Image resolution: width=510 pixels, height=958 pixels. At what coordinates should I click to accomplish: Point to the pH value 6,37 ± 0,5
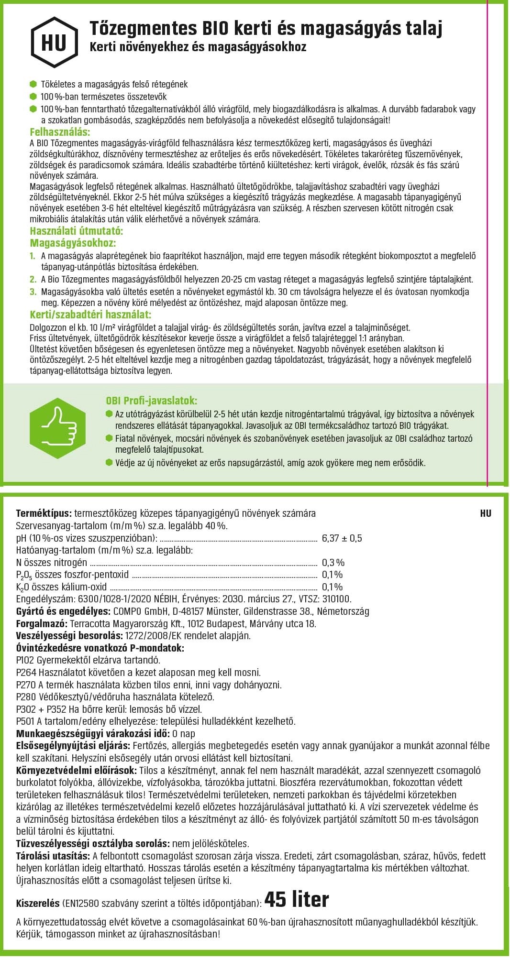[x=342, y=538]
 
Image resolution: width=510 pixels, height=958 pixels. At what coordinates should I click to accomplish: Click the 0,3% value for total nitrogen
[x=333, y=563]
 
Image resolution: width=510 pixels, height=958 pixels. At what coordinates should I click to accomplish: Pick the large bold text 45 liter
[x=297, y=900]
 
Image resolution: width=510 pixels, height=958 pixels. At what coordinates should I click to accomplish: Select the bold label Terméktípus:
[x=44, y=513]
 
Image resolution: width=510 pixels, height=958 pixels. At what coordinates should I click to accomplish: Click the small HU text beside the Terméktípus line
[x=485, y=514]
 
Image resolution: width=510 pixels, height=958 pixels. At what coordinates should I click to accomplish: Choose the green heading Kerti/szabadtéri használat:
[x=90, y=315]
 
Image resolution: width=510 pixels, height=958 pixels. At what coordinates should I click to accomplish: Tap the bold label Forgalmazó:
[x=42, y=623]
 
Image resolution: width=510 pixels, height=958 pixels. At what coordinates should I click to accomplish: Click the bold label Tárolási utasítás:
[x=53, y=856]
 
